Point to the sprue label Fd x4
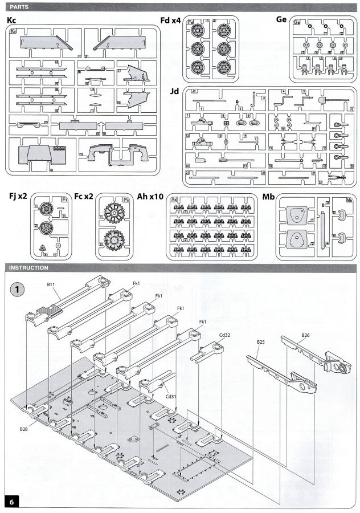171,21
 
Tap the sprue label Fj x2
19,197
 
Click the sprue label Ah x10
150,197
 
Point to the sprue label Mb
268,197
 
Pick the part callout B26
305,335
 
